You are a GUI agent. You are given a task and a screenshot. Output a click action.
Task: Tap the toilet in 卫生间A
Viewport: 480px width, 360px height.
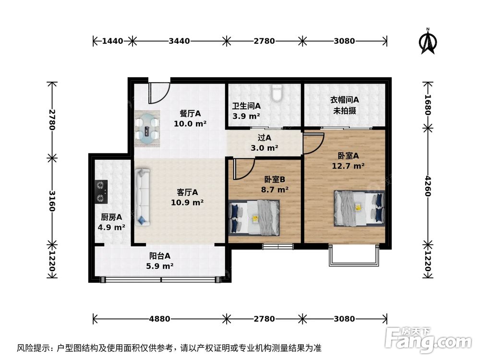click(x=277, y=93)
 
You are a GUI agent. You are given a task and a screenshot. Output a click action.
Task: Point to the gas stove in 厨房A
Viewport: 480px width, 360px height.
click(x=101, y=191)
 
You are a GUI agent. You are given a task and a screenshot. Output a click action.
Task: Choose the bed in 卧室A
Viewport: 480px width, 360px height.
click(x=360, y=207)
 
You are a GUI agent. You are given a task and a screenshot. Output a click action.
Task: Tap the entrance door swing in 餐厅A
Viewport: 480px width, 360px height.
click(x=158, y=93)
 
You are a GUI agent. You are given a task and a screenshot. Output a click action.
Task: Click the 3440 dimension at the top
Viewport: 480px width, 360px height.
click(x=179, y=41)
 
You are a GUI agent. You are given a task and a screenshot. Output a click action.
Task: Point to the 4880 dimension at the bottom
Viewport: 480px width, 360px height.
click(x=159, y=319)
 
